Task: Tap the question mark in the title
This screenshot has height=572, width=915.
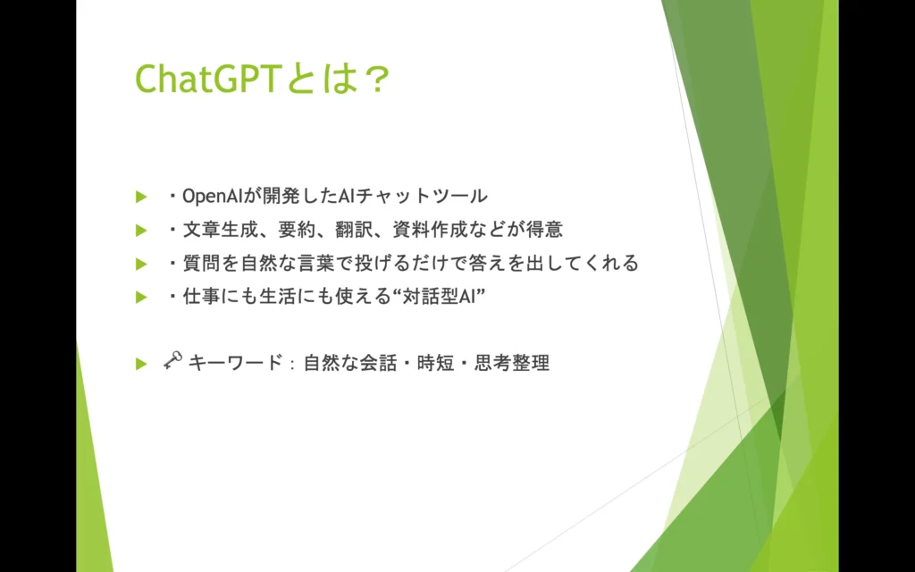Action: pos(373,79)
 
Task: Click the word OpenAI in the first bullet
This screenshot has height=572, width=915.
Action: pos(207,197)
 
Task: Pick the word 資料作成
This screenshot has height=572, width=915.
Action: pos(429,230)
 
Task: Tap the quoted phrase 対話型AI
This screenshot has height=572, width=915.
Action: pos(438,297)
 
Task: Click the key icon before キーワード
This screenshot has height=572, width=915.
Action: pos(172,361)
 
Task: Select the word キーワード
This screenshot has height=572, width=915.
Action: pos(235,363)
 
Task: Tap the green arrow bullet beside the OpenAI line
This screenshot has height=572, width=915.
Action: pos(140,197)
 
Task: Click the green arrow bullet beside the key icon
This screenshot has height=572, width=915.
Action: pos(140,365)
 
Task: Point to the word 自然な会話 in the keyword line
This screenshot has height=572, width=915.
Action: pos(350,363)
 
